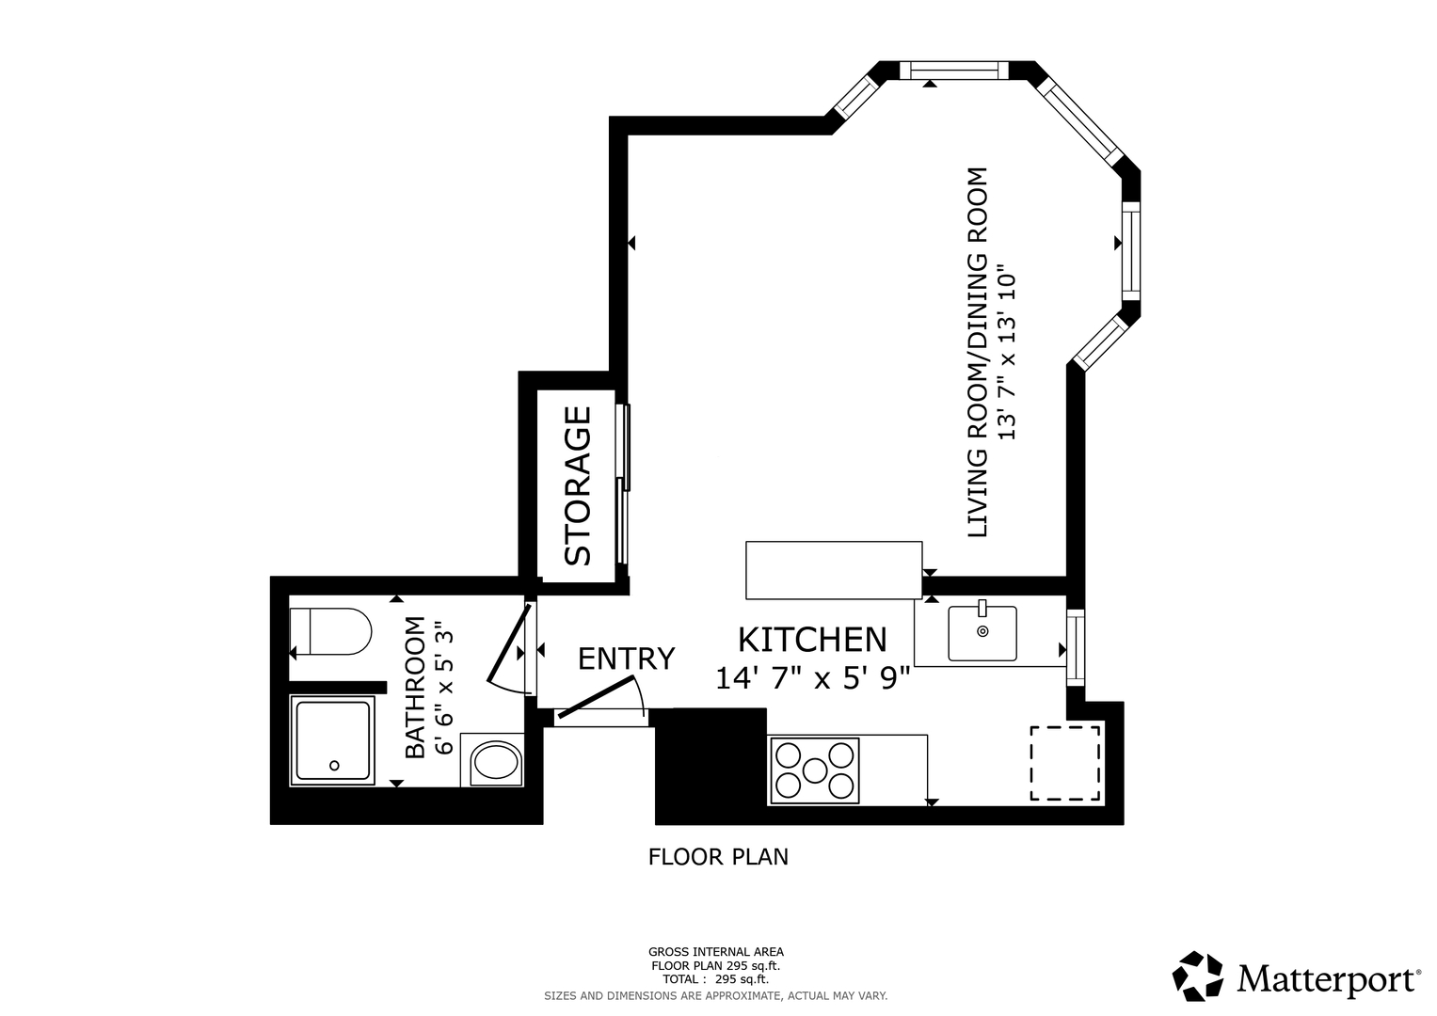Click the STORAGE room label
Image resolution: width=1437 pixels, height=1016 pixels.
[577, 486]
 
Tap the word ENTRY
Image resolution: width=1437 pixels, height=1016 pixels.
[626, 659]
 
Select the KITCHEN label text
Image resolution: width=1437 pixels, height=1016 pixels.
[812, 640]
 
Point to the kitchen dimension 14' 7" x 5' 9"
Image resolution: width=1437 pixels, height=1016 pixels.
[813, 678]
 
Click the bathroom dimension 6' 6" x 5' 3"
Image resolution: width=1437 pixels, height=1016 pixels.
[444, 687]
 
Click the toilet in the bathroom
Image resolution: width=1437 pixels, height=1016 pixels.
[330, 631]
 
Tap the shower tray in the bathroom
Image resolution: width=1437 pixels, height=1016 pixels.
[332, 740]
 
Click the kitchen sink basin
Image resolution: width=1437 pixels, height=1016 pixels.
[982, 633]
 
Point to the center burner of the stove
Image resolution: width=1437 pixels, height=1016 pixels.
[815, 770]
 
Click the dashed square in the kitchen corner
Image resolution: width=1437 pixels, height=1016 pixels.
[1065, 763]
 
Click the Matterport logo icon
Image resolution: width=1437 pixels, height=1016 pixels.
[1198, 978]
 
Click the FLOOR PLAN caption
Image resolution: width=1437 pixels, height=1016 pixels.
[718, 857]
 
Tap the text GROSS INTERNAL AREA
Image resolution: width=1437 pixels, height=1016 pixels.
[716, 952]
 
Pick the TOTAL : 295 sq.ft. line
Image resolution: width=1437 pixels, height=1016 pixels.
[715, 979]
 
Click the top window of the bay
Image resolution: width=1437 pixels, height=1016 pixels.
[954, 70]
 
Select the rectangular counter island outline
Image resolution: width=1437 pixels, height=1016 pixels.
[834, 570]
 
